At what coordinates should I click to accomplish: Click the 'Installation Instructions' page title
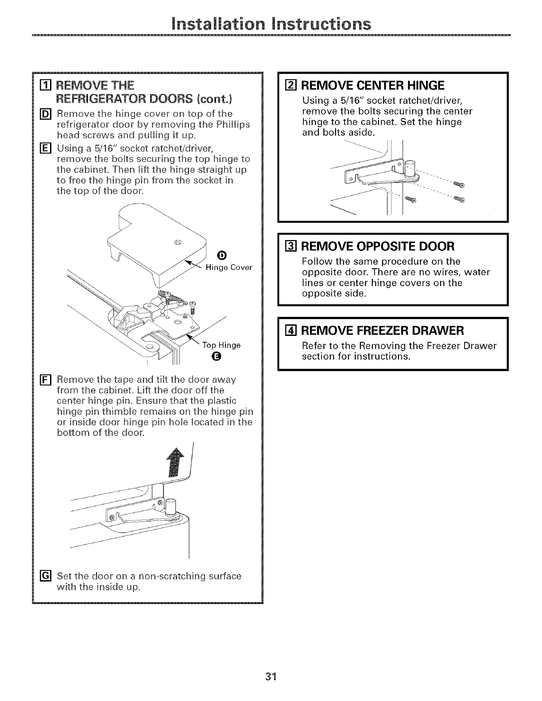271,22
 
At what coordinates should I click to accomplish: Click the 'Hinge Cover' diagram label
229,267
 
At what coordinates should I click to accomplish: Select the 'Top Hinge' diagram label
221,345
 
